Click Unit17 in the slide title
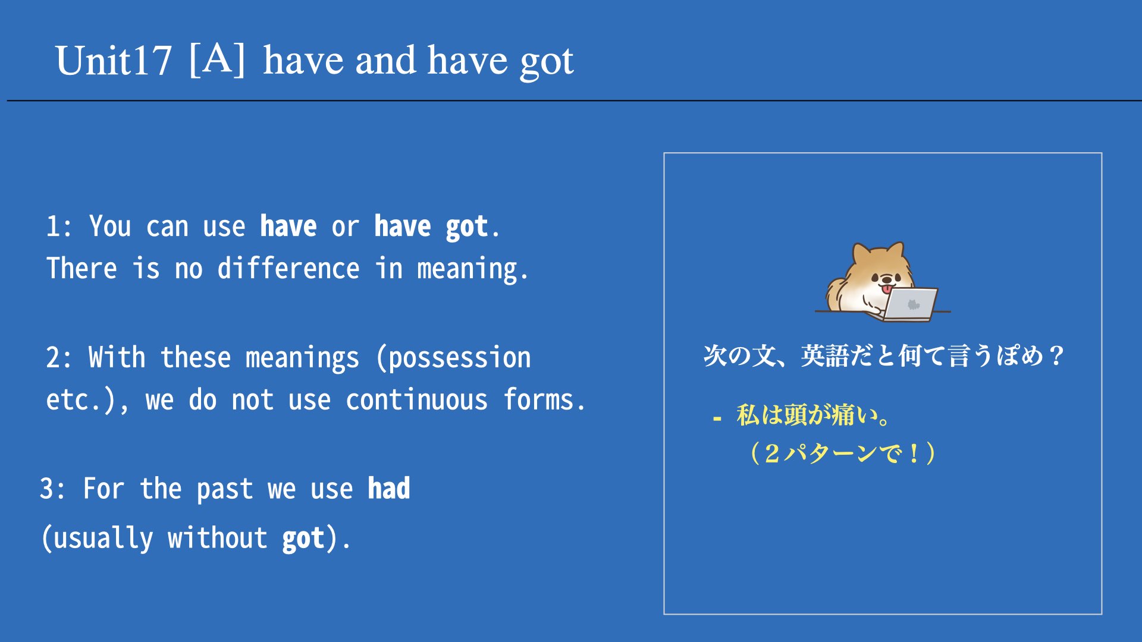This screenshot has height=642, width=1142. pos(114,61)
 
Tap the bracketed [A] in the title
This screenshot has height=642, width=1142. pos(217,59)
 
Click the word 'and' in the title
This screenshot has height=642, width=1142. pos(385,61)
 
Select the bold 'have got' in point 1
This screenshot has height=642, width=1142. pos(431,227)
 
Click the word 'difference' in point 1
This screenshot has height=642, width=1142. pos(288,269)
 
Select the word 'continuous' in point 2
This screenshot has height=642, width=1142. pos(416,400)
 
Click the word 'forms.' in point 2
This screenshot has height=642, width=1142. pos(544,399)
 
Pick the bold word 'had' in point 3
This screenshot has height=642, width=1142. pos(389,489)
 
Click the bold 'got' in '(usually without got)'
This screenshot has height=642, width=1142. pos(303,539)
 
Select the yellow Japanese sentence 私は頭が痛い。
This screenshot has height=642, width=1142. pos(813,415)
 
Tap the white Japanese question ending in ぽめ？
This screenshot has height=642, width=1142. pos(884,355)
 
